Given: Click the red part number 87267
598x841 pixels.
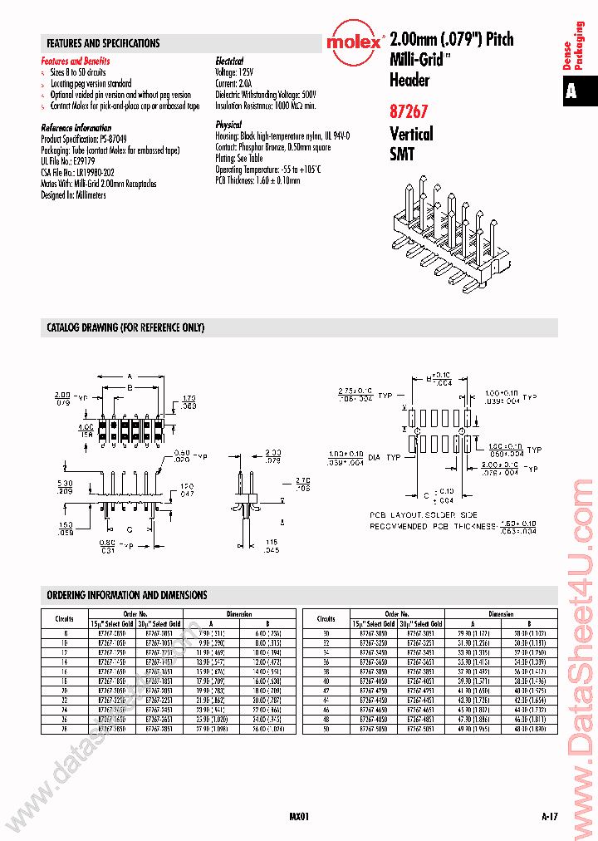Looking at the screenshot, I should (409, 111).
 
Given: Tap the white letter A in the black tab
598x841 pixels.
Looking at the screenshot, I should (571, 91).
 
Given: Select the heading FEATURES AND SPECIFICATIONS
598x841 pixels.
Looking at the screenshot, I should (104, 43).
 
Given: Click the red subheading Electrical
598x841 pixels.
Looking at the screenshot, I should (229, 61).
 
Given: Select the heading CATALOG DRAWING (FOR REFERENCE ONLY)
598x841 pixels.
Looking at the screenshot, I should (125, 327).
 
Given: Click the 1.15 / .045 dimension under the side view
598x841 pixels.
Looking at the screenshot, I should (271, 546).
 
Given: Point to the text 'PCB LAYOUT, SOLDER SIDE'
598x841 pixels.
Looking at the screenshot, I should (423, 515).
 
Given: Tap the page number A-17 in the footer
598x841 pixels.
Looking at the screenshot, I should (549, 817).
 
